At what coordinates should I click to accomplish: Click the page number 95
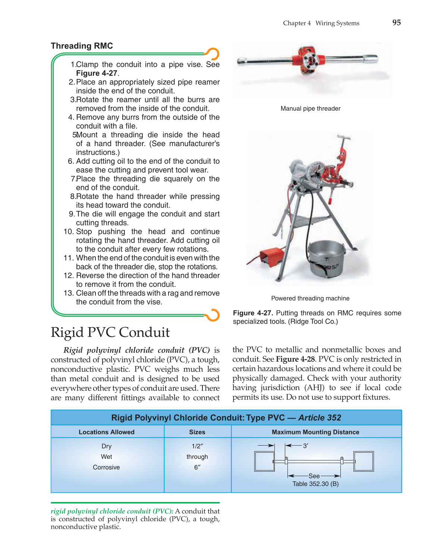[396, 23]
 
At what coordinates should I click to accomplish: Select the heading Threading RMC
[82, 46]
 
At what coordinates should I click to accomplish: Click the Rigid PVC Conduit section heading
[110, 332]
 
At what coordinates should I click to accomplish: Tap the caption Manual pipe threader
[310, 108]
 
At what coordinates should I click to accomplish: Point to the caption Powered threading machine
[310, 298]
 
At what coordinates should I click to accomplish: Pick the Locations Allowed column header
[106, 432]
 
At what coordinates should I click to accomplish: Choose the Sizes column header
[197, 432]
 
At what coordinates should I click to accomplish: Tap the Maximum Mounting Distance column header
[315, 432]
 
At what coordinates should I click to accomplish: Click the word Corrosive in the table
[106, 467]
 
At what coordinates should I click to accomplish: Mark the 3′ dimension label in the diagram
[305, 446]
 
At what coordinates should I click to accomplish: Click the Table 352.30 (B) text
[315, 484]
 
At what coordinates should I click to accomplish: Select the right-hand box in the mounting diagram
[364, 461]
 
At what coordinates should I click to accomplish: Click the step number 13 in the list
[69, 293]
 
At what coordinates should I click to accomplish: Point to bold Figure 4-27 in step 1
[97, 73]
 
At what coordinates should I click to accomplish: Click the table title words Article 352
[320, 418]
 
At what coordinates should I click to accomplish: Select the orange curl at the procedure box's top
[213, 54]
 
